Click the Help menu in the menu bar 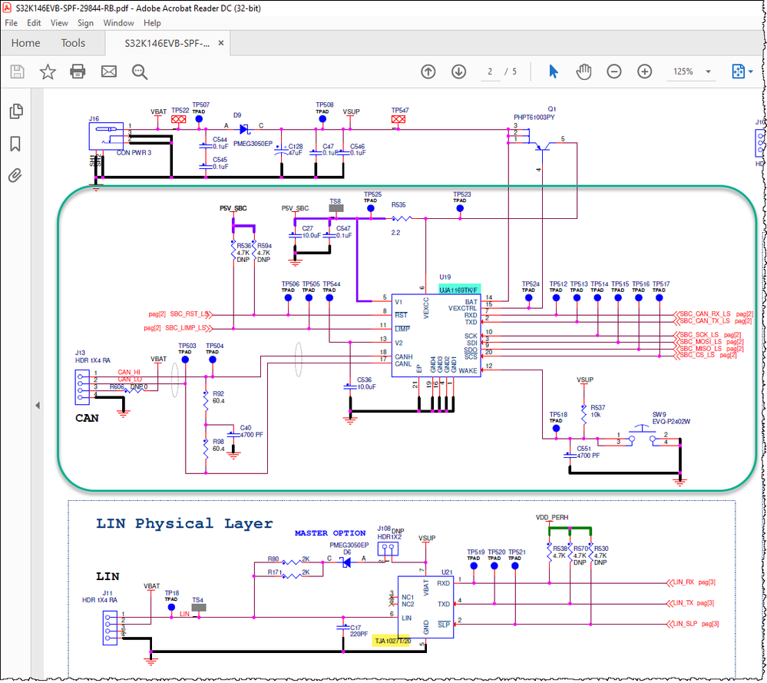coord(151,23)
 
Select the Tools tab coord(73,43)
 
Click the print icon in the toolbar coord(78,71)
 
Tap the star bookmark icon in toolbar coord(48,71)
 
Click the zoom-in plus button coord(644,71)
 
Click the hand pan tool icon coord(584,71)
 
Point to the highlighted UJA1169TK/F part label coord(459,290)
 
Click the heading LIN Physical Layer coord(184,524)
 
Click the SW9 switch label coord(660,413)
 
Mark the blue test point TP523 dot coord(460,208)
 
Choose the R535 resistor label coord(398,205)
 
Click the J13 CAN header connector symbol coord(81,384)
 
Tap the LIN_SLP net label coord(683,624)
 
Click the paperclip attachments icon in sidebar coord(15,176)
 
